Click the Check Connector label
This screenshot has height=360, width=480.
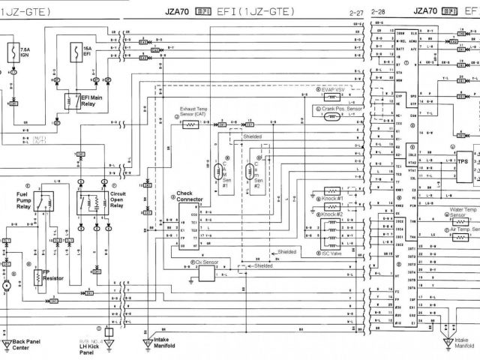click(x=190, y=197)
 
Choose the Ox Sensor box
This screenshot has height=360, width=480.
click(x=205, y=274)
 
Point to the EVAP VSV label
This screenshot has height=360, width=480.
click(x=333, y=88)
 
